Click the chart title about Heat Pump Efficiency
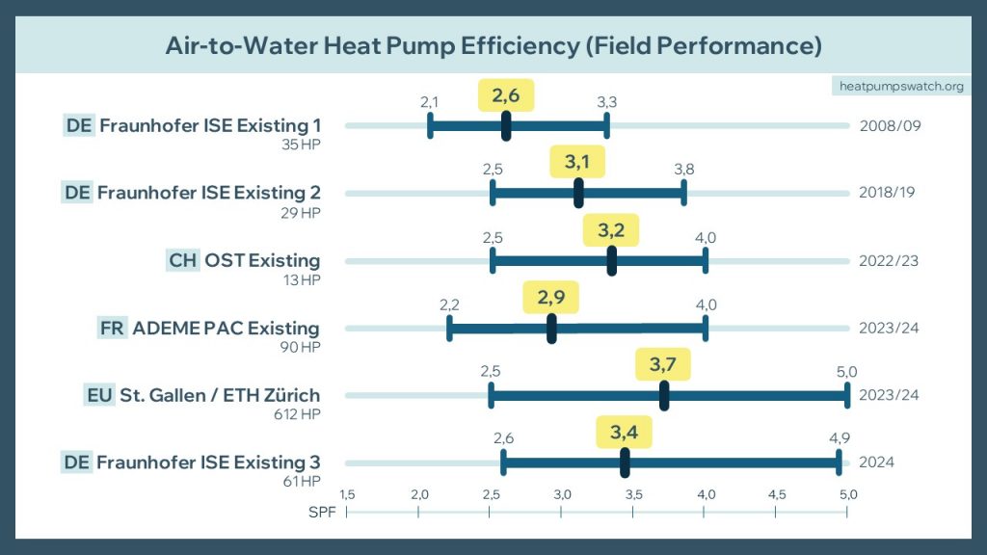(x=493, y=46)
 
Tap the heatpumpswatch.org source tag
(x=901, y=87)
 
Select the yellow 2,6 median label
(x=506, y=95)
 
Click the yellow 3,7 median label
(x=663, y=365)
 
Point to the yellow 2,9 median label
(x=551, y=298)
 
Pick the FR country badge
(x=112, y=328)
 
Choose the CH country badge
(x=182, y=260)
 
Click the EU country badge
(x=99, y=395)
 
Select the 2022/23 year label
(x=889, y=260)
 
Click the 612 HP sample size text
(x=296, y=413)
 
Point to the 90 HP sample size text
(x=300, y=346)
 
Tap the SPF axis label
(x=322, y=511)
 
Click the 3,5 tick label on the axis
(x=633, y=494)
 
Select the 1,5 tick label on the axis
(x=347, y=494)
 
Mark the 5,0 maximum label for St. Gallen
(x=846, y=372)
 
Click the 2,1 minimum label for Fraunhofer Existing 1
(x=430, y=102)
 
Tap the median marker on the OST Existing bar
(x=612, y=261)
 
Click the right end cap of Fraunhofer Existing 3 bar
(x=839, y=462)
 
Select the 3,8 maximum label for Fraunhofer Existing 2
(x=683, y=170)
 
